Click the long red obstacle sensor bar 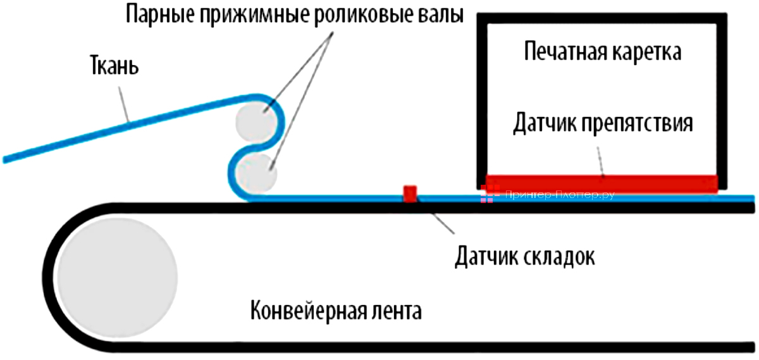point(601,183)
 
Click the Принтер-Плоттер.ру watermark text point(560,196)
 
